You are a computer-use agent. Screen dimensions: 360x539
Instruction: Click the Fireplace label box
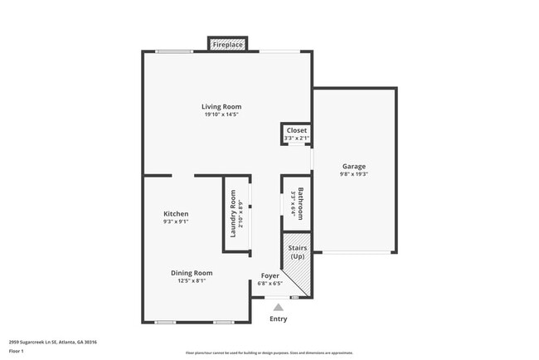point(227,45)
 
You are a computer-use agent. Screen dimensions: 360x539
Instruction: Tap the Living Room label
point(221,106)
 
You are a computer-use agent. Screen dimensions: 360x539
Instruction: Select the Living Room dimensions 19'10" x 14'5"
point(221,114)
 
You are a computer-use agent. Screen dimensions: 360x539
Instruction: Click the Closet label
point(296,130)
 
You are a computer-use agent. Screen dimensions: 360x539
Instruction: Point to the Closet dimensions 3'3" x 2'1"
point(296,138)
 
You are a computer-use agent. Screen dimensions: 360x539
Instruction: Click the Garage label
point(353,166)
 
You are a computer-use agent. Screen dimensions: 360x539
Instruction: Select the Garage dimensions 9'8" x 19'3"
point(353,174)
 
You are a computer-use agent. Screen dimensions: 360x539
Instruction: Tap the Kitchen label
point(175,213)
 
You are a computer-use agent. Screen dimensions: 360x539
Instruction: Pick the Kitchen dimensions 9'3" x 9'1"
point(175,221)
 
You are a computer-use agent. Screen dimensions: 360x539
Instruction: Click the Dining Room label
point(192,273)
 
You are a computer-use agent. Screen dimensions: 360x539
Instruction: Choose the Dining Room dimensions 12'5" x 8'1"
point(192,281)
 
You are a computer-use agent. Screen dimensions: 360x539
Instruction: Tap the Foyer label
point(270,275)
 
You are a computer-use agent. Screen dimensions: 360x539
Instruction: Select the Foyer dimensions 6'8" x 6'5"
point(270,283)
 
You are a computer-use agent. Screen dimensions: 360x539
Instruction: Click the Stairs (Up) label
point(297,252)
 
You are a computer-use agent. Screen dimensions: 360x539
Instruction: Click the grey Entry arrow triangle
point(278,307)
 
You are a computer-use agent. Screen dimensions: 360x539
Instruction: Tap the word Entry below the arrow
point(278,319)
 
